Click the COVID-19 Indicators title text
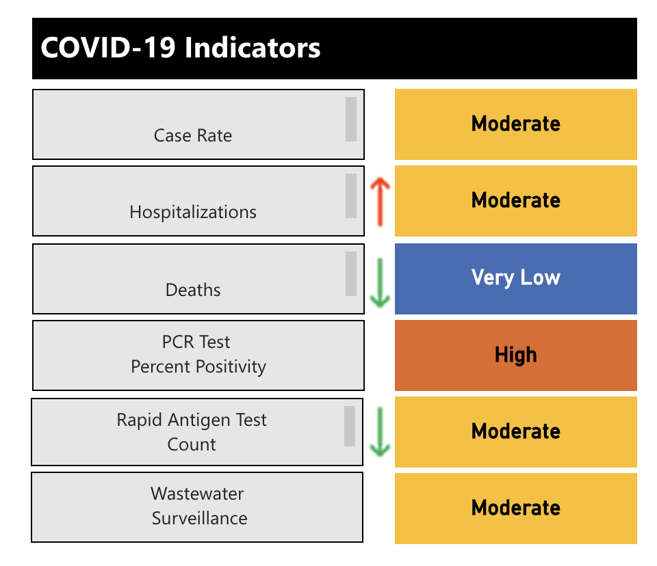(x=181, y=49)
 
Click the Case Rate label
(x=193, y=135)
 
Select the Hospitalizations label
(x=193, y=212)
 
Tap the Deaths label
(x=193, y=290)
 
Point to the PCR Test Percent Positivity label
(x=198, y=354)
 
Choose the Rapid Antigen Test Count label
(x=192, y=432)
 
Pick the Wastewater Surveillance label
(x=198, y=506)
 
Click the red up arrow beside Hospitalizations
(x=380, y=202)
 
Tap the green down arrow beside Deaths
(x=380, y=280)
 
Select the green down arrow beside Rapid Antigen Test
(x=380, y=432)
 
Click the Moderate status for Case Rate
(x=515, y=124)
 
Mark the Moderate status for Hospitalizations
(x=515, y=200)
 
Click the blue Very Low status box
(x=515, y=278)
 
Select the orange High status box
(x=515, y=355)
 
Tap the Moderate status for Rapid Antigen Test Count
(x=515, y=431)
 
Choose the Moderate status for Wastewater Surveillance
(x=515, y=508)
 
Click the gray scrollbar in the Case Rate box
(x=351, y=119)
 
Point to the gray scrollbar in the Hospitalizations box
(x=351, y=196)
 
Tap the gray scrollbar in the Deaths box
(x=351, y=273)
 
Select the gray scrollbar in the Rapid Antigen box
(x=350, y=426)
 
